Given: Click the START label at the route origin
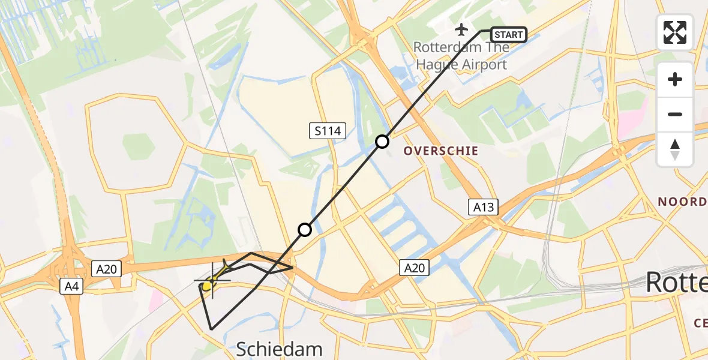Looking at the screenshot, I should (509, 35).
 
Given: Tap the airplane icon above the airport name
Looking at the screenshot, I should (461, 29).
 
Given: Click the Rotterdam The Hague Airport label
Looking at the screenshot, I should (461, 56).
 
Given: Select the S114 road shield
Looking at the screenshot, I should (328, 131).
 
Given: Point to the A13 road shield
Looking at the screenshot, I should (483, 208).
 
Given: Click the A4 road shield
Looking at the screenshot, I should (71, 287).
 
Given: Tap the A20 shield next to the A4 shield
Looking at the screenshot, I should (106, 269).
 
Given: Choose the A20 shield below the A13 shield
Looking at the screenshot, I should (415, 268).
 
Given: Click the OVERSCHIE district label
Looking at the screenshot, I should (441, 151).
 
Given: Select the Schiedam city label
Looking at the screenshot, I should (280, 349).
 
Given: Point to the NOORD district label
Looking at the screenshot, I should (682, 202).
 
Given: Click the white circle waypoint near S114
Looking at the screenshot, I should (382, 142).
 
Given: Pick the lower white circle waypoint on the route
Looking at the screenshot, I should (305, 230).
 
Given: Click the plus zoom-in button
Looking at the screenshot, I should (675, 79).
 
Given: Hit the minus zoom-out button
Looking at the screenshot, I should (675, 114).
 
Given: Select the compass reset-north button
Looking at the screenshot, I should (675, 149).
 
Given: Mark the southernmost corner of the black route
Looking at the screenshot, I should (212, 329).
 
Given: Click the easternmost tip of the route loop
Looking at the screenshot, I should (293, 267).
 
